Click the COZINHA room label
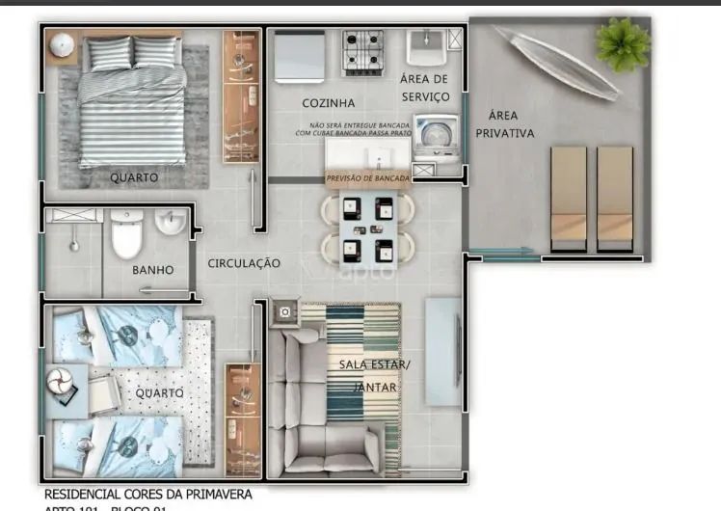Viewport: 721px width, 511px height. [328, 103]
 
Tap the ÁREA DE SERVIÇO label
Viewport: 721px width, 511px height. [424, 88]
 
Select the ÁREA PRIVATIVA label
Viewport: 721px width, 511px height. [504, 124]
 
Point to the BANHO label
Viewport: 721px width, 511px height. [153, 270]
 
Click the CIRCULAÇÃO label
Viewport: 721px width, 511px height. [244, 263]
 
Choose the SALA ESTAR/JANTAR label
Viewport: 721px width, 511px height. [374, 375]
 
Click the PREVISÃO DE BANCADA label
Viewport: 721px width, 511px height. [368, 178]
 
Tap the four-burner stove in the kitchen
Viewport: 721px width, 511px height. [363, 52]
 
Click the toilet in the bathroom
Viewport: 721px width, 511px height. [126, 234]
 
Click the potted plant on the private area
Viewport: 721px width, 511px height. [621, 42]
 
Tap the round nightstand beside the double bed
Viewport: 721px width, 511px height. [64, 43]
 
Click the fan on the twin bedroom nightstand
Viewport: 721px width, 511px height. [61, 385]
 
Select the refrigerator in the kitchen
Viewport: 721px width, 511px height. [299, 53]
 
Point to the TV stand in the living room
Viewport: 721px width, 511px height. [442, 352]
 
